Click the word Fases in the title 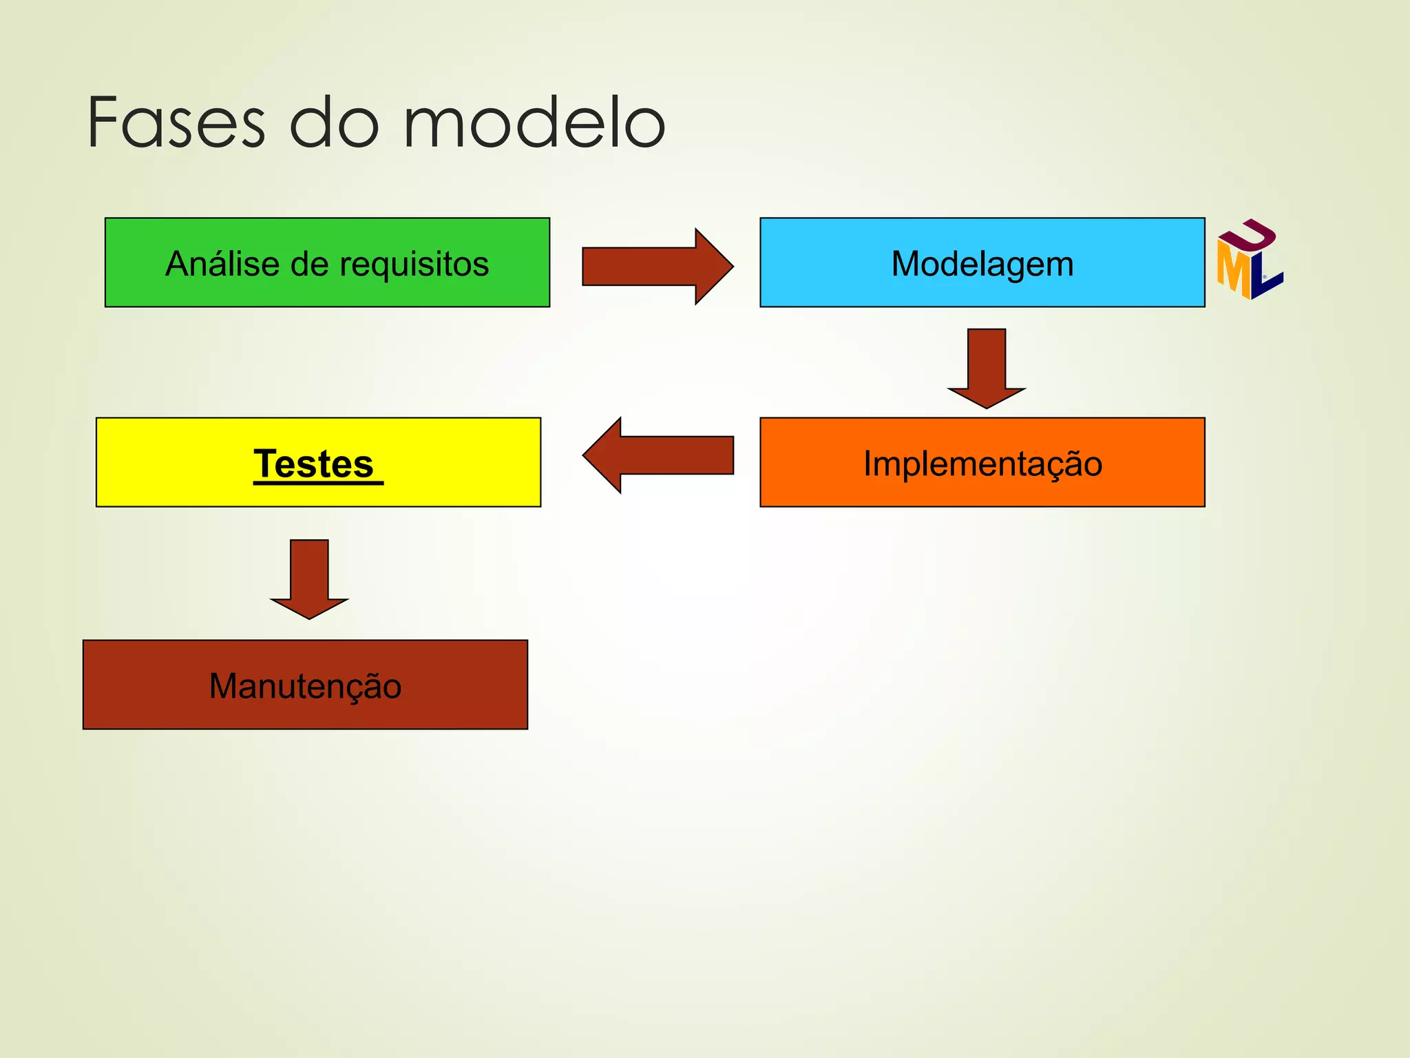click(x=176, y=124)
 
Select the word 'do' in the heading click(x=334, y=124)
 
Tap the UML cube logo click(x=1250, y=260)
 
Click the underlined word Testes click(x=315, y=464)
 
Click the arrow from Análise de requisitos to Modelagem click(x=657, y=266)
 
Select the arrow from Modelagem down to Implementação click(x=986, y=369)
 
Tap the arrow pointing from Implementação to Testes click(x=657, y=455)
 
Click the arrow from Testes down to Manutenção click(x=309, y=579)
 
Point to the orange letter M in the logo click(x=1234, y=270)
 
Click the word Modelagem click(x=982, y=264)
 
